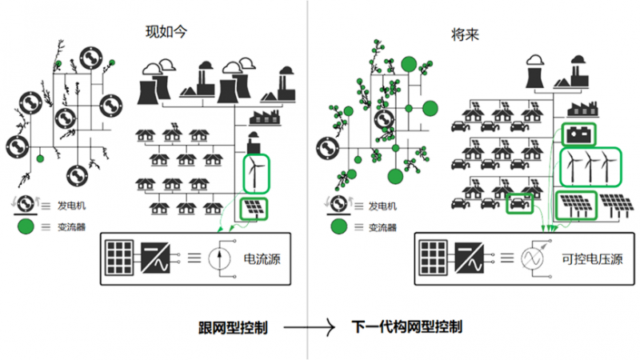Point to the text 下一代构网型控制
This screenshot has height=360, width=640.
[407, 328]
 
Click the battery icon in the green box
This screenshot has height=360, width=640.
[578, 133]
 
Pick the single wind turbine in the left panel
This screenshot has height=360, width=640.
[256, 170]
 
